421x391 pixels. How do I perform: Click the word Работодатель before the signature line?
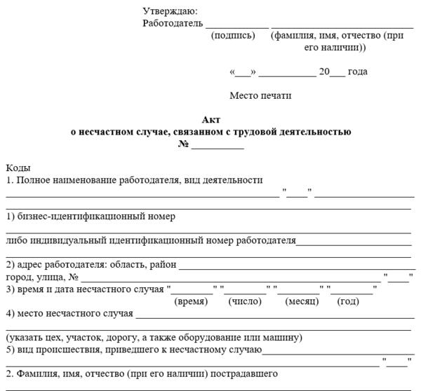170,23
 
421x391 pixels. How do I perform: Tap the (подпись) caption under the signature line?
233,35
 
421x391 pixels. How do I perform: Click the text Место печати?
260,95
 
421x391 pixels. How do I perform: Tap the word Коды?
18,168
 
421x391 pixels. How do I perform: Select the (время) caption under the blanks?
190,301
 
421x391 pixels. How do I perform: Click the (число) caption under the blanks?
245,301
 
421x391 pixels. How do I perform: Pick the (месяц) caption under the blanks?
302,301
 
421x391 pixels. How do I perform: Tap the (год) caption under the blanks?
349,301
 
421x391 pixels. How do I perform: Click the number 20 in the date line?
324,71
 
